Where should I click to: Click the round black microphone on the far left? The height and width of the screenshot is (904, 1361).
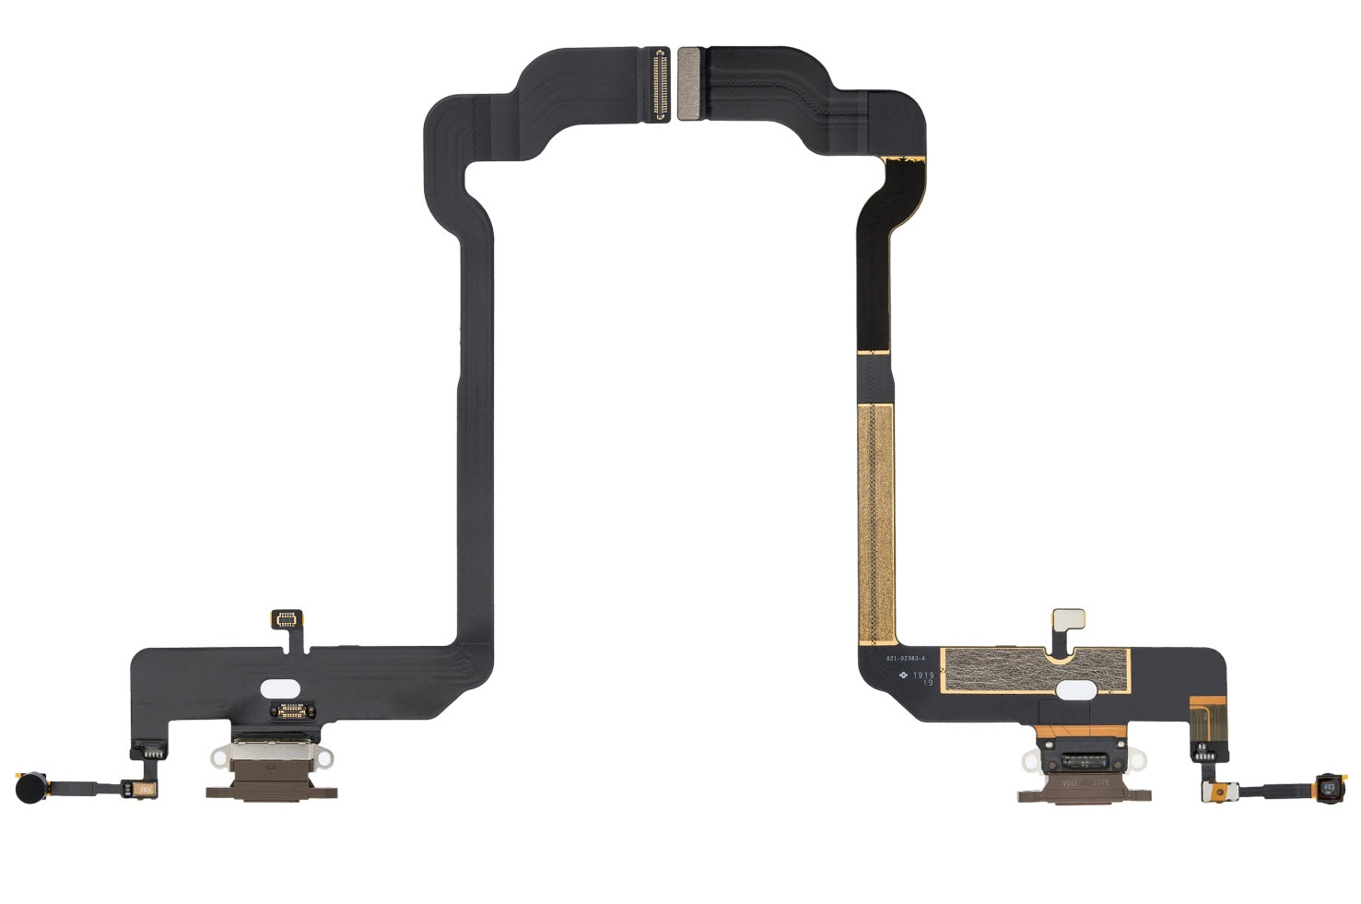(27, 787)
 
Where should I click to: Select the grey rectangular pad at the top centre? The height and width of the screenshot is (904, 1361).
(688, 83)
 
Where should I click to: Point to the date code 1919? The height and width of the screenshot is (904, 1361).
(923, 675)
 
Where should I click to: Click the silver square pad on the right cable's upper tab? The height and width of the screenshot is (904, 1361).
(1069, 617)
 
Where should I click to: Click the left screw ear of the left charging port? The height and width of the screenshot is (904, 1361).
(219, 756)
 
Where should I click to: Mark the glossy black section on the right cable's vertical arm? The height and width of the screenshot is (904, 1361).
(874, 258)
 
